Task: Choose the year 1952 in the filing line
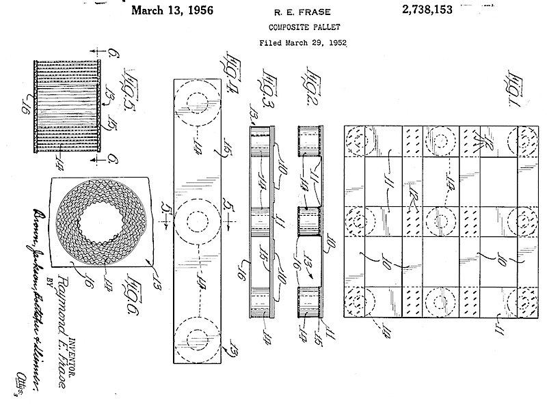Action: tap(336, 42)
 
